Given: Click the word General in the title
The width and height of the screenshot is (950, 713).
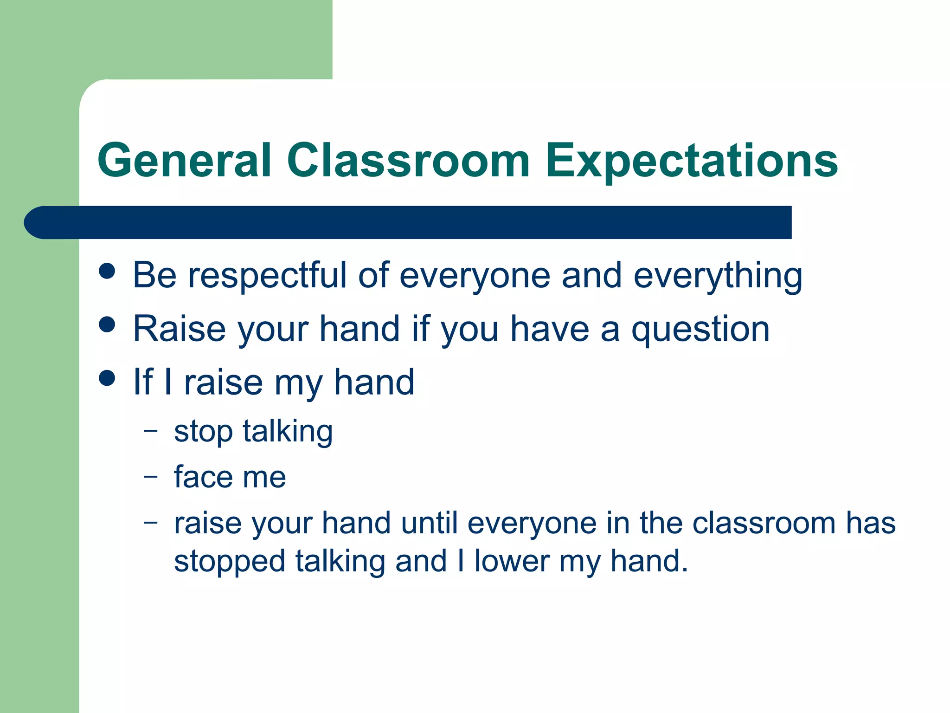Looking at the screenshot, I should [x=184, y=160].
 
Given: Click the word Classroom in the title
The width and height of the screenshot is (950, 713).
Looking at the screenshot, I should [x=408, y=160].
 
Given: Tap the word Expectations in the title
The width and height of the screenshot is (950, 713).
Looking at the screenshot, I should [x=691, y=160].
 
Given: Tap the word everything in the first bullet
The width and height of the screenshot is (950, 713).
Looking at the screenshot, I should [x=718, y=275].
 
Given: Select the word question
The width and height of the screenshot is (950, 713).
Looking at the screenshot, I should [x=700, y=329].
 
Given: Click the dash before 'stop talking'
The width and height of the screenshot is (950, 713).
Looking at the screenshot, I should [x=151, y=431].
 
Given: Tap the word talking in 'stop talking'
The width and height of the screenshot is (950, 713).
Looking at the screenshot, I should [x=288, y=431].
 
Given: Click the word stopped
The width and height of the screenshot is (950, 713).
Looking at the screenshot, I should [x=229, y=561].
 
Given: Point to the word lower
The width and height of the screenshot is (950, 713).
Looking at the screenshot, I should [x=512, y=561].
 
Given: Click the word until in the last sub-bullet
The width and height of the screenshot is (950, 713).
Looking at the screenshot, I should [x=429, y=523].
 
